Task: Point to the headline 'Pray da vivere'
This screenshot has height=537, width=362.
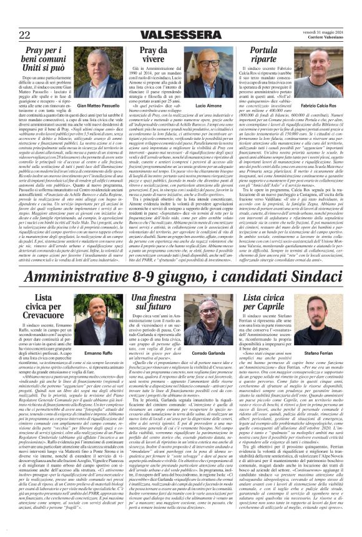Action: click(x=142, y=59)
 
